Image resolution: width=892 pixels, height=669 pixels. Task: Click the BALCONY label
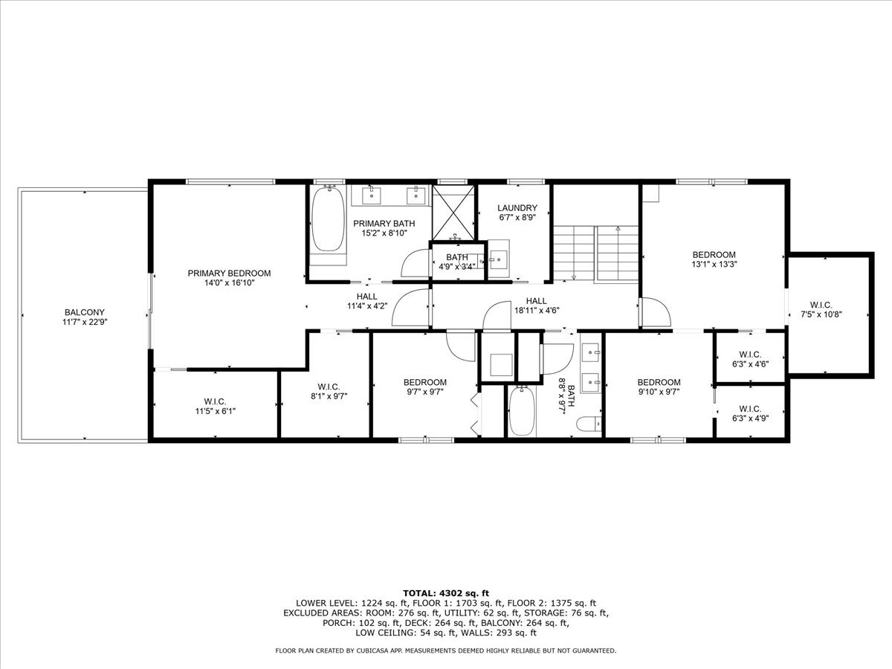pos(84,312)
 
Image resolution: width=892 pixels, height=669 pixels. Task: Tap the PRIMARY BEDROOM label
pos(229,273)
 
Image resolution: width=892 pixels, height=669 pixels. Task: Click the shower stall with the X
pos(453,211)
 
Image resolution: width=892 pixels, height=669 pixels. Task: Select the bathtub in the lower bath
pos(521,412)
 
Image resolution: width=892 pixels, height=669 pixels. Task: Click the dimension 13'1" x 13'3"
pos(714,263)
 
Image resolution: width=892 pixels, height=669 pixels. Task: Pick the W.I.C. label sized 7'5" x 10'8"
pos(821,305)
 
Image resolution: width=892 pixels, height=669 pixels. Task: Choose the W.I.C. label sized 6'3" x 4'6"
pos(749,354)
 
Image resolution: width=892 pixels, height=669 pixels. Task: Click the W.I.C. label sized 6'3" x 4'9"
pos(749,408)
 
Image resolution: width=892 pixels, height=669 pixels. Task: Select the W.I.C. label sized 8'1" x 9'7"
pos(328,387)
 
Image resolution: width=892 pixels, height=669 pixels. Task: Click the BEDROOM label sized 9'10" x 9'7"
pos(659,382)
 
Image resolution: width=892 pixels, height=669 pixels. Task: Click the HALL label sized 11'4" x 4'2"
pos(366,296)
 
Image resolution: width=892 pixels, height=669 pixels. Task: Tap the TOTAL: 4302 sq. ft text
pos(445,592)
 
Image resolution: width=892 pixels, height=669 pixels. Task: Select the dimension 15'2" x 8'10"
pos(384,233)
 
